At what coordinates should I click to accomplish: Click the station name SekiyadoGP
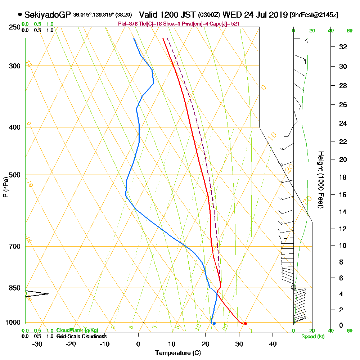pos(48,15)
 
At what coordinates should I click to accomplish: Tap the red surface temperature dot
pos(245,323)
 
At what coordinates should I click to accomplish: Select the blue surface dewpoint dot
pos(214,323)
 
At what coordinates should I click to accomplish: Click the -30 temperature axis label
pos(37,344)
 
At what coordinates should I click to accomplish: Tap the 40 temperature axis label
pos(273,344)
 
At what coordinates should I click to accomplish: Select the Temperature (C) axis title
pos(178,353)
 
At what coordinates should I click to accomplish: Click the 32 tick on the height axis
pos(343,47)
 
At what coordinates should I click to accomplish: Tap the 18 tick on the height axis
pos(343,177)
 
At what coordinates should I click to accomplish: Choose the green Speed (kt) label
pos(312,337)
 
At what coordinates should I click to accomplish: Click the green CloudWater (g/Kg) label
pos(77,330)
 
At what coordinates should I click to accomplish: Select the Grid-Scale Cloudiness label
pos(81,336)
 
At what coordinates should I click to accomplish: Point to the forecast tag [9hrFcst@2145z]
pos(314,15)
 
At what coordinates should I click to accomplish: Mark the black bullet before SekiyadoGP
pos(19,15)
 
